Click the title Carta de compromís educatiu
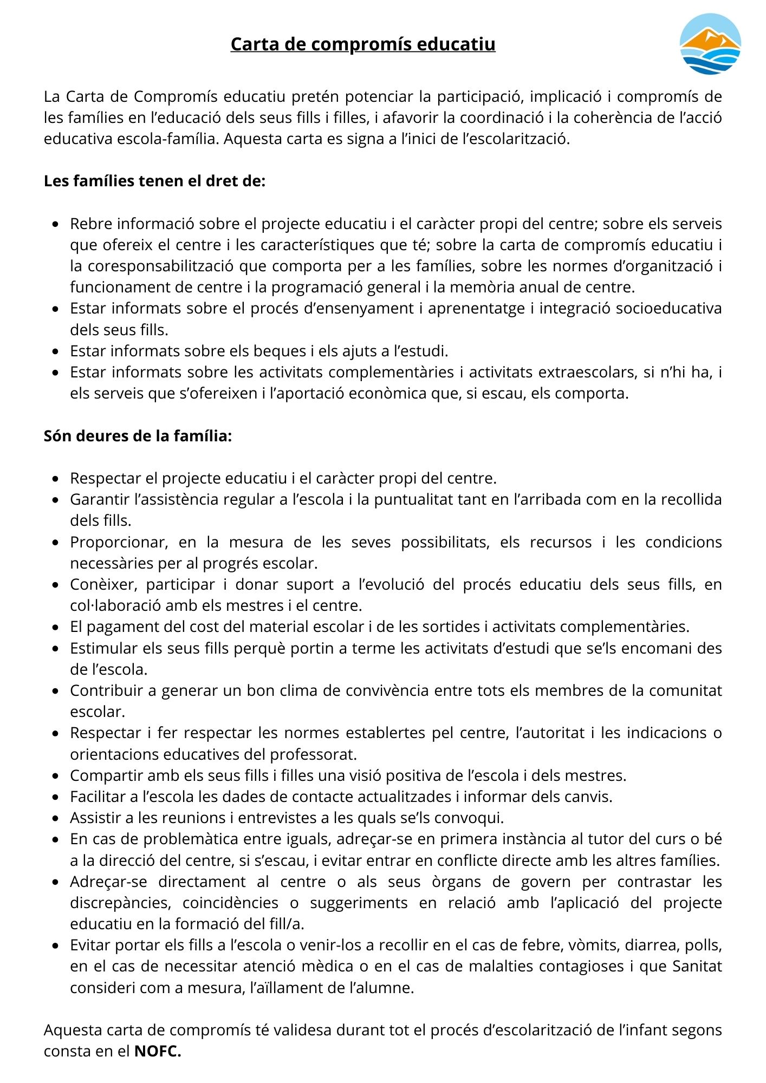(x=362, y=44)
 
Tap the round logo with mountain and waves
(x=710, y=44)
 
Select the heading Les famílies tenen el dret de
(x=154, y=181)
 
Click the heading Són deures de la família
(x=138, y=436)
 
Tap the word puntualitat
(x=414, y=499)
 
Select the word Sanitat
(x=697, y=966)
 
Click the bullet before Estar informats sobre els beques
(x=55, y=351)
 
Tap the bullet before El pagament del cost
(x=55, y=627)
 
